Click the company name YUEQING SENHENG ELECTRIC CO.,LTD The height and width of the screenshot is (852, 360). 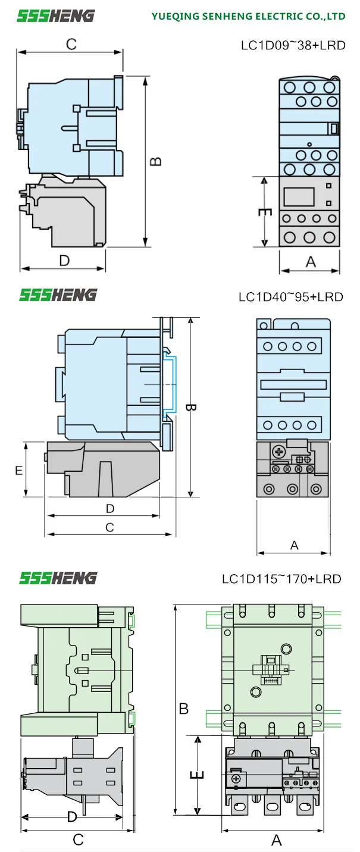248,16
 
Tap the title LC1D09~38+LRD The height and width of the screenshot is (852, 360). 293,45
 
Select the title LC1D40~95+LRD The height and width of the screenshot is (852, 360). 291,296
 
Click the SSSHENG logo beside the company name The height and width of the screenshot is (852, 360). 55,15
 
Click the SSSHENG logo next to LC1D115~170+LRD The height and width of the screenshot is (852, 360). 58,578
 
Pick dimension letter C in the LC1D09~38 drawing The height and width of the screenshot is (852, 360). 71,44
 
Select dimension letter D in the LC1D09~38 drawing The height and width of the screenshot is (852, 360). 64,260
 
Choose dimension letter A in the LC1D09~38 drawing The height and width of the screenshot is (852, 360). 310,262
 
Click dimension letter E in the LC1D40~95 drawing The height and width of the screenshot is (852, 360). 19,470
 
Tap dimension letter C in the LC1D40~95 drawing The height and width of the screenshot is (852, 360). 109,527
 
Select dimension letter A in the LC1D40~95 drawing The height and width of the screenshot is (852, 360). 294,545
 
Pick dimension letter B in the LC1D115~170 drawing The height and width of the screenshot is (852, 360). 184,709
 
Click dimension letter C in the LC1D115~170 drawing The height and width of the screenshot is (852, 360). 78,840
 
